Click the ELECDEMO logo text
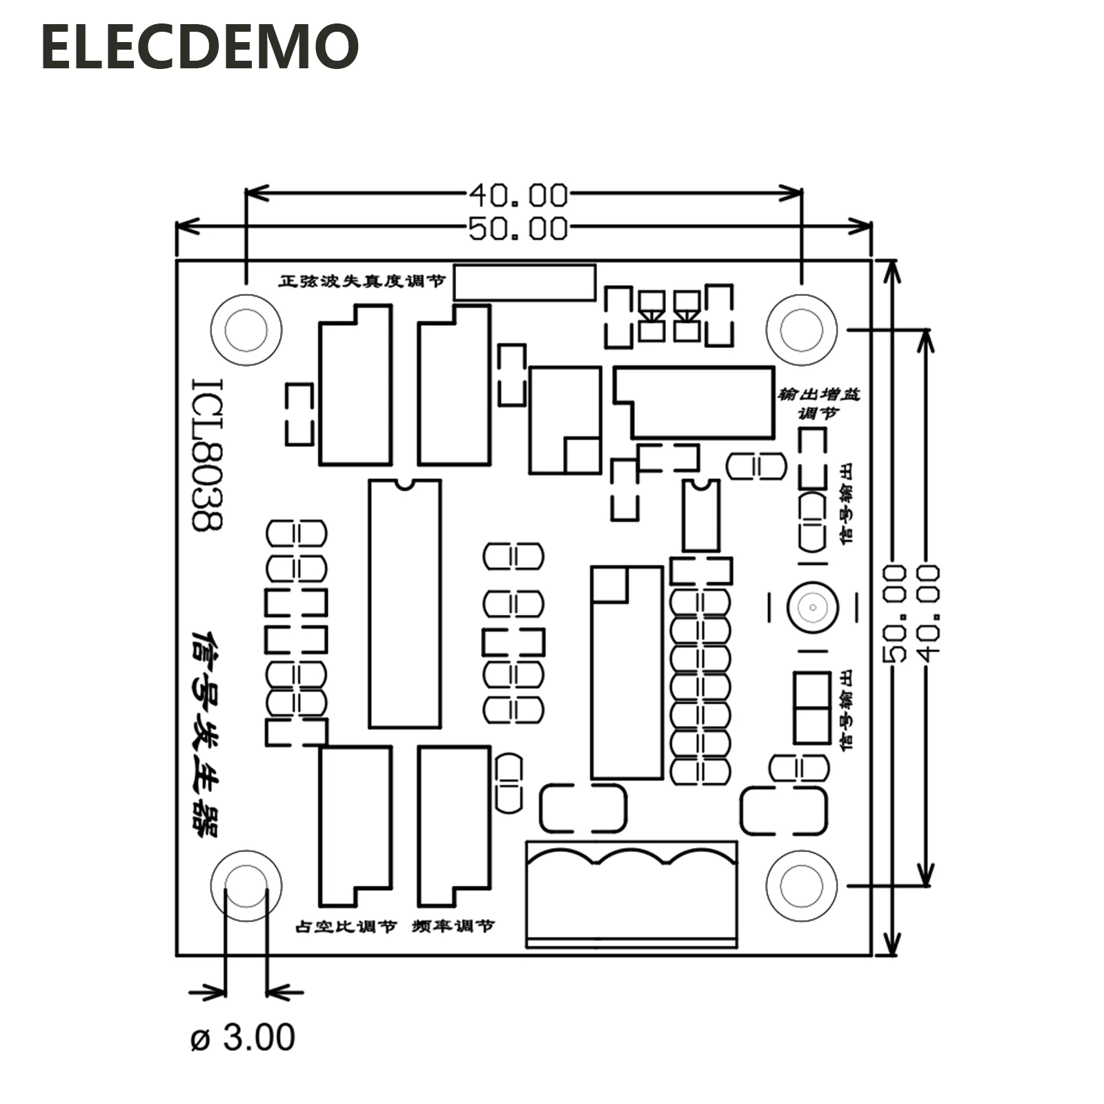[x=200, y=47]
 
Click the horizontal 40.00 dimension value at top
[x=518, y=195]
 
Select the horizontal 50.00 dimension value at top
[x=518, y=228]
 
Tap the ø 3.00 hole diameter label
[x=242, y=1037]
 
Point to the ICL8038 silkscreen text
[x=207, y=454]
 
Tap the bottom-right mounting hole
[x=801, y=886]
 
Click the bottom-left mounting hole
[x=246, y=886]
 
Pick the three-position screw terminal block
[x=631, y=894]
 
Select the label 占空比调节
[x=346, y=926]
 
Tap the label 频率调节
[x=453, y=926]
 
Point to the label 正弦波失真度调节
[x=362, y=281]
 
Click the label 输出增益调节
[x=819, y=404]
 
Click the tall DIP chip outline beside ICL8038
[x=404, y=604]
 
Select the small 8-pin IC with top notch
[x=700, y=515]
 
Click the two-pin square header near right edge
[x=811, y=707]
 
